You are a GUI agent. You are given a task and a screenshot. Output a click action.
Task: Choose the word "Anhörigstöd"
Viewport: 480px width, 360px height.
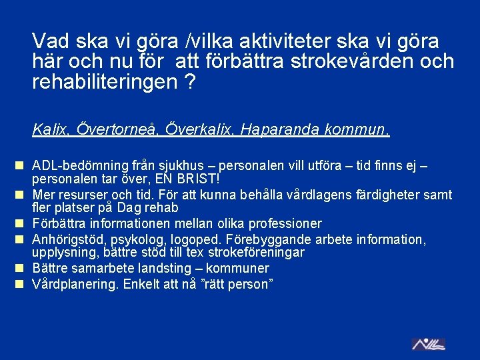click(65, 239)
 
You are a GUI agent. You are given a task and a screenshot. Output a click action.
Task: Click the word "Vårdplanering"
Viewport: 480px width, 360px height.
click(72, 283)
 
